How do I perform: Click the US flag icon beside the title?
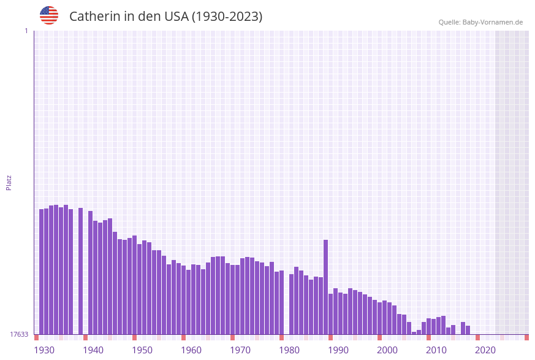tap(49, 15)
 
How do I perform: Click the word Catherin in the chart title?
tap(94, 17)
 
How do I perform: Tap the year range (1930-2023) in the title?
tap(227, 17)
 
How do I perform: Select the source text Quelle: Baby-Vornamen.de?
tap(480, 22)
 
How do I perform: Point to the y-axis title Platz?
tap(9, 182)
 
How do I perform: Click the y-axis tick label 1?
tap(26, 31)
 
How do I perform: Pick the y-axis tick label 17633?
tap(19, 334)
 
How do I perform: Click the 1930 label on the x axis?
tap(44, 350)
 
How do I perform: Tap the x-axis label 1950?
tap(142, 350)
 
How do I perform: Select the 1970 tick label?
tap(240, 350)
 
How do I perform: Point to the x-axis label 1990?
tap(338, 350)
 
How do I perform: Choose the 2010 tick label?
tap(436, 350)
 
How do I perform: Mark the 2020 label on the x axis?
tap(485, 350)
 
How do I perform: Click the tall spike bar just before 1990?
tap(326, 286)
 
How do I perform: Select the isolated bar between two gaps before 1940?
tap(80, 270)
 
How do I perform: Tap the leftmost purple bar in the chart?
tap(42, 271)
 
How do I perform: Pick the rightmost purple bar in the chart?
tap(468, 330)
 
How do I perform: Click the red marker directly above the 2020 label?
tap(478, 337)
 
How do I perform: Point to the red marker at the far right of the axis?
tap(526, 337)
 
